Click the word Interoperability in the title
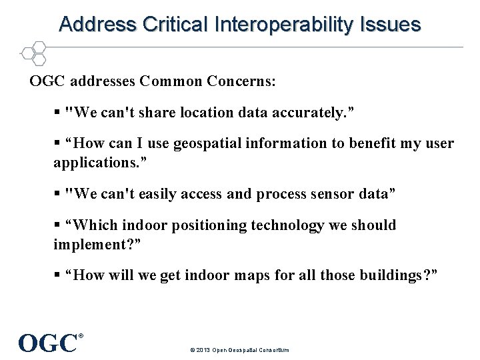285,25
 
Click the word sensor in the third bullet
321,194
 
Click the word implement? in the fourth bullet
95,244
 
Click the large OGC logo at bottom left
49,343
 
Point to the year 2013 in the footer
203,349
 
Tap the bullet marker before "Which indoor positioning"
58,226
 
